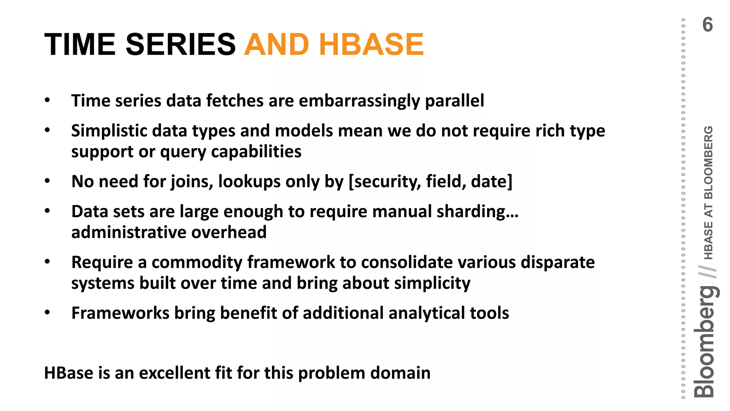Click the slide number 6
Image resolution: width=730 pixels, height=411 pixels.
pyautogui.click(x=707, y=25)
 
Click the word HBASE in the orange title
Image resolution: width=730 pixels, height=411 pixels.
pyautogui.click(x=371, y=45)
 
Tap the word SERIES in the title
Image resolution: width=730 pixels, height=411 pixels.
pyautogui.click(x=180, y=45)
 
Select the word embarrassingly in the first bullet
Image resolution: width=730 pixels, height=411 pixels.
pyautogui.click(x=359, y=101)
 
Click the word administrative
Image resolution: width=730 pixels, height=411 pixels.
pyautogui.click(x=129, y=233)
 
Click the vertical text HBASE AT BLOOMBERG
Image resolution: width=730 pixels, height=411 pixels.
pyautogui.click(x=708, y=193)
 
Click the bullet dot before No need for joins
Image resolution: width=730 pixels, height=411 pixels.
pyautogui.click(x=47, y=181)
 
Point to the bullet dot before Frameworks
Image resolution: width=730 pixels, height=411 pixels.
pyautogui.click(x=47, y=313)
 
